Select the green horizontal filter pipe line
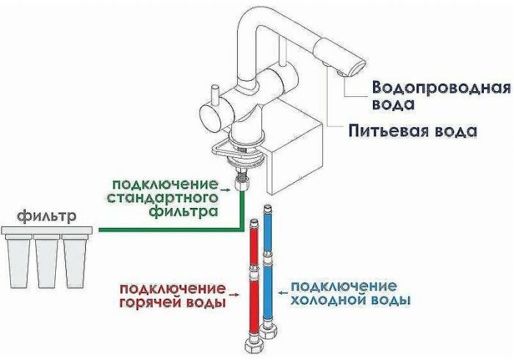coord(169,231)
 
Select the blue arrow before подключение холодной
coord(283,287)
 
